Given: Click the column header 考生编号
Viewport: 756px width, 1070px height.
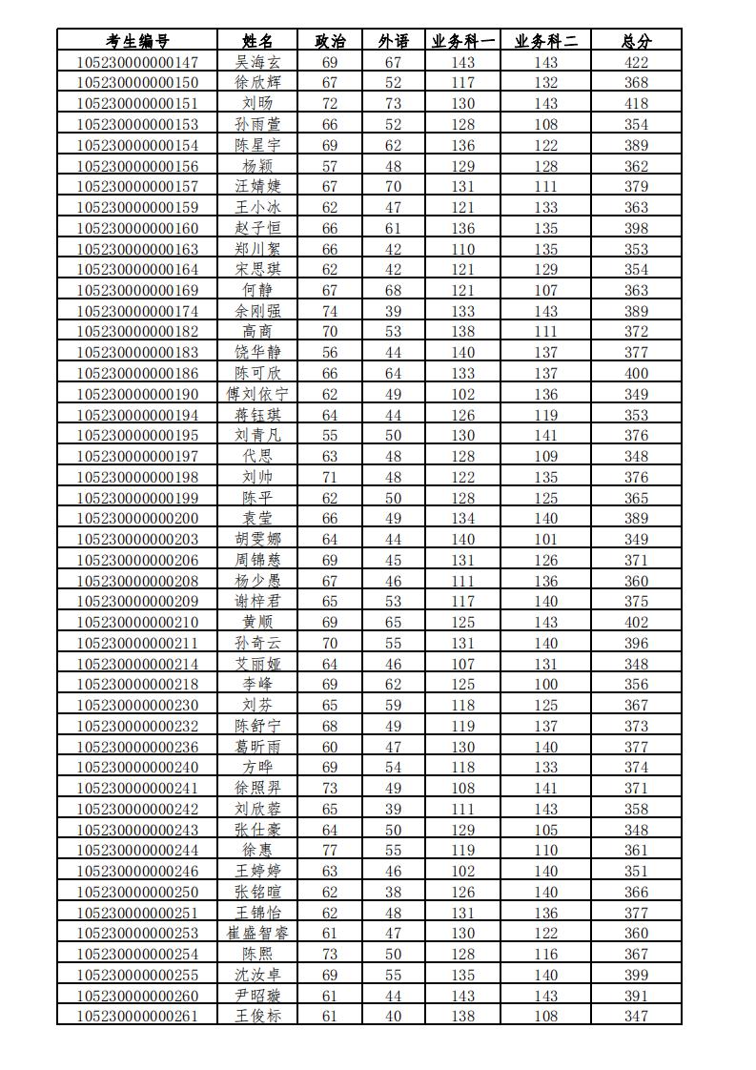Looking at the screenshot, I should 137,41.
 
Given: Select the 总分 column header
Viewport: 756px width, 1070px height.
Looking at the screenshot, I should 636,41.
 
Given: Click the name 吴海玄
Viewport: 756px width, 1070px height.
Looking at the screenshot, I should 257,62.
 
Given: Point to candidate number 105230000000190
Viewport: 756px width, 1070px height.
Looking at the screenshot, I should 137,394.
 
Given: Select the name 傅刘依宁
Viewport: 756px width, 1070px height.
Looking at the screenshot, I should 257,394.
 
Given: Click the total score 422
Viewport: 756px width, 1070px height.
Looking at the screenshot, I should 636,62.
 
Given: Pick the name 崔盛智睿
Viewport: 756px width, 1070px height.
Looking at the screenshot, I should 257,934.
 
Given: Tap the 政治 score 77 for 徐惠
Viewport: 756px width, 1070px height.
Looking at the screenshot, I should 330,851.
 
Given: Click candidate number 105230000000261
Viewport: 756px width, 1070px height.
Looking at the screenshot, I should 137,1017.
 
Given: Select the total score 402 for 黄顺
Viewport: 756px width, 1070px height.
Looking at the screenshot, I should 636,623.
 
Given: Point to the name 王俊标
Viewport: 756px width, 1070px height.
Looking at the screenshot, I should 257,1017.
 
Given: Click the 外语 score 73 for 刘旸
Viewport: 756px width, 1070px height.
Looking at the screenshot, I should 393,103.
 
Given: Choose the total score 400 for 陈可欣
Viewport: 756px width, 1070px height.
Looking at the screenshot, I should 636,373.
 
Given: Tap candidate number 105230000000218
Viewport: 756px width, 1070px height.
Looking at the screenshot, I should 137,685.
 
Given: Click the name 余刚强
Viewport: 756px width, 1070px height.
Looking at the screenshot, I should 257,311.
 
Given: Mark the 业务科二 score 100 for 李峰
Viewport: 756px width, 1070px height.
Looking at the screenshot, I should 546,685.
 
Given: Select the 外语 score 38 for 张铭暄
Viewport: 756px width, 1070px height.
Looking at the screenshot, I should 393,892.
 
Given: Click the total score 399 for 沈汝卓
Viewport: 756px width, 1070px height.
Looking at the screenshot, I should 636,975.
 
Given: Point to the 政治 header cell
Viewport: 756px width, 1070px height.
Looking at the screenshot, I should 330,41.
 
